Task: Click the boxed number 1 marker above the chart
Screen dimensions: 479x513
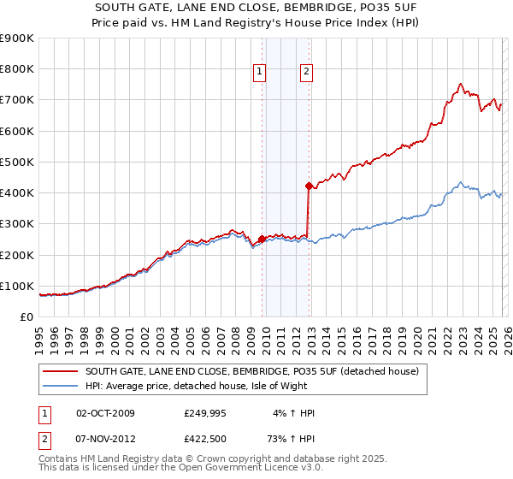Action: (258, 73)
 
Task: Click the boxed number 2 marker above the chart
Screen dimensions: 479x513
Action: (305, 73)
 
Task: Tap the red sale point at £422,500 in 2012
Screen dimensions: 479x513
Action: (308, 185)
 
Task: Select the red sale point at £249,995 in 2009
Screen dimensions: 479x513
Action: (262, 239)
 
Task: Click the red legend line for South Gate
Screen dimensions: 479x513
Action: (60, 371)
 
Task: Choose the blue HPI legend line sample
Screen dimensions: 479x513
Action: (60, 386)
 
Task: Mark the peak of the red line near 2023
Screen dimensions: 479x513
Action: (461, 84)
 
